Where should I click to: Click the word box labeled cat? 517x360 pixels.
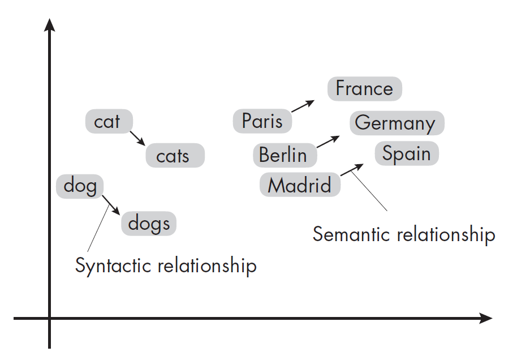click(x=109, y=121)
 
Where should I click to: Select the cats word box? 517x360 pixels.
click(x=175, y=156)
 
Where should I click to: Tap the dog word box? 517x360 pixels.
click(x=80, y=186)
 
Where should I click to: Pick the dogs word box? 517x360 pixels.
click(x=149, y=224)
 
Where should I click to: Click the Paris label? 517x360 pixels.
click(x=262, y=121)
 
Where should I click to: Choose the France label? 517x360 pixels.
click(x=364, y=88)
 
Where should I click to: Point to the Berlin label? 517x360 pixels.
click(x=283, y=155)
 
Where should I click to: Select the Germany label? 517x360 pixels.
click(x=396, y=123)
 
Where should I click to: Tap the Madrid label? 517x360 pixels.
click(x=300, y=185)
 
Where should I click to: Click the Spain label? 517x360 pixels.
click(x=406, y=153)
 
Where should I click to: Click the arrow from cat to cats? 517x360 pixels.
click(x=137, y=138)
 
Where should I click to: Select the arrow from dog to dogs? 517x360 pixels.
click(x=111, y=205)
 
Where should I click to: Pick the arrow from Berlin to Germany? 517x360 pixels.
click(x=328, y=141)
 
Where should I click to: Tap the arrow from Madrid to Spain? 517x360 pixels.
click(x=352, y=170)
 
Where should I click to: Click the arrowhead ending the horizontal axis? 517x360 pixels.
click(x=485, y=318)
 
